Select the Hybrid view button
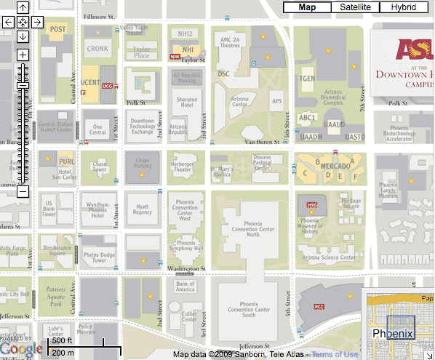coord(404,7)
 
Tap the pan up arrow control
coord(23,8)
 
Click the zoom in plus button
coord(23,55)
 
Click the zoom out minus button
coord(23,192)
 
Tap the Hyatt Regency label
coord(143,209)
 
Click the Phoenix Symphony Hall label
coord(185,247)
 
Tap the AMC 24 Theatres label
coord(230,43)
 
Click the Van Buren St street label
coord(262,141)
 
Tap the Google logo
coord(21,350)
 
